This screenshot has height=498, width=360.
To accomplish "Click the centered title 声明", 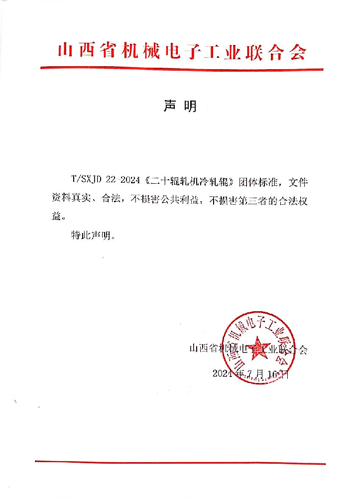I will [x=180, y=106].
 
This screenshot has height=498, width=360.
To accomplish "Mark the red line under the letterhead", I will [x=181, y=69].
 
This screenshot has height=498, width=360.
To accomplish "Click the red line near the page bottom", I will [x=180, y=463].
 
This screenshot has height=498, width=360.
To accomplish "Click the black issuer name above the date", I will [x=248, y=349].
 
